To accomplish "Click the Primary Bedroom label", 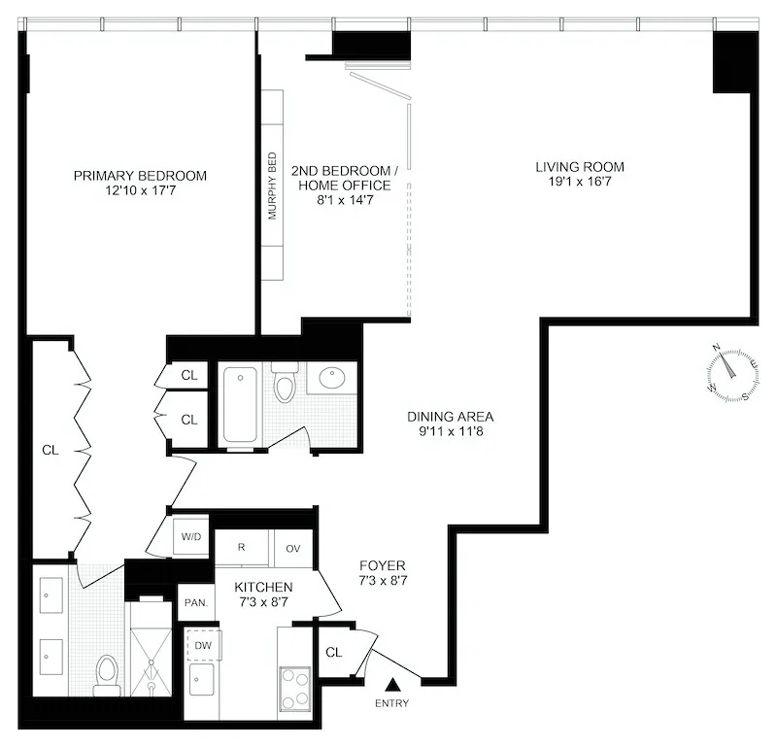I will point(140,176).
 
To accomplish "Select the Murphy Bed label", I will point(273,186).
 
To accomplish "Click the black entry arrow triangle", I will point(393,686).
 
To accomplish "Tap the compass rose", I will point(730,372).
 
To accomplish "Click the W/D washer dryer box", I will point(189,535).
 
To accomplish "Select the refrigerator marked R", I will point(243,547).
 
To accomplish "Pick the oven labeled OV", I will point(293,548).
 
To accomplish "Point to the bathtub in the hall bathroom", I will point(242,404).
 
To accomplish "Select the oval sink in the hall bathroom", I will point(333,377).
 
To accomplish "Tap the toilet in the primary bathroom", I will point(107,673).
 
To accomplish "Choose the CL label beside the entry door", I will point(333,653).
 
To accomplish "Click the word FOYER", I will point(382,565).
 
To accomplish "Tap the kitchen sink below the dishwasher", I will point(203,677).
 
